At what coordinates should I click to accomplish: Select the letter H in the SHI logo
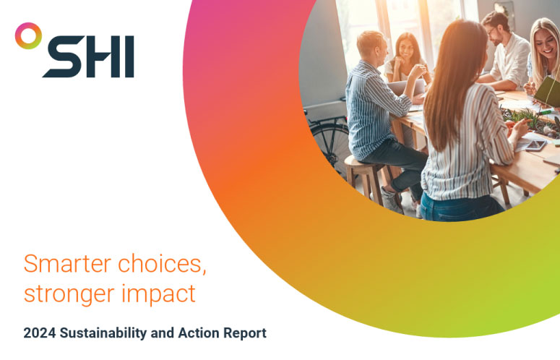coord(103,56)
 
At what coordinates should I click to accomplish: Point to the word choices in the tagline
coord(162,265)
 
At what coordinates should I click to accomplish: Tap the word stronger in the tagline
coord(69,295)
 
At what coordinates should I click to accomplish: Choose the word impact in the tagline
coord(158,294)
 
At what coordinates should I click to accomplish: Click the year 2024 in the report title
coord(40,333)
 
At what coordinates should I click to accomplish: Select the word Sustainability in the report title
coord(103,333)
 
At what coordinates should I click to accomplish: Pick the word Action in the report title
coord(199,333)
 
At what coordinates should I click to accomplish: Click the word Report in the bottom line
coord(245,333)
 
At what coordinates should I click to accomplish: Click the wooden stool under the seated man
coord(368,179)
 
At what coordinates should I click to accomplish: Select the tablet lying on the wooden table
coord(535,145)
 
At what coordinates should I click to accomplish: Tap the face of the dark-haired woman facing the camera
coord(407,49)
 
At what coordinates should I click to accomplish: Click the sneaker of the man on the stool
coord(391,201)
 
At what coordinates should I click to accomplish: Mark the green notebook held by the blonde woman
coord(548,91)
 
